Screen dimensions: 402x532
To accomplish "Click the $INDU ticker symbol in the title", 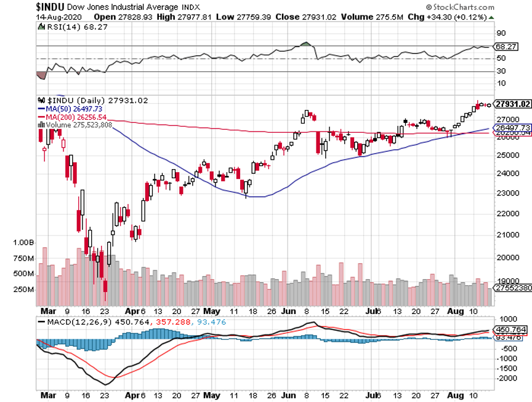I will click(x=17, y=6).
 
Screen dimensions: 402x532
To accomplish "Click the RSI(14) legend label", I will click(x=62, y=27).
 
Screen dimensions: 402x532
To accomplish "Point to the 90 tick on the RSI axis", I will click(x=501, y=33).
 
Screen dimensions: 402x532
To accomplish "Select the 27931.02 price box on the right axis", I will click(x=512, y=104).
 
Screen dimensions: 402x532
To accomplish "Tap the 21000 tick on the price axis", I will click(x=505, y=234).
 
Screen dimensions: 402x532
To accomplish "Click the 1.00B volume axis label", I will click(x=23, y=243).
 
